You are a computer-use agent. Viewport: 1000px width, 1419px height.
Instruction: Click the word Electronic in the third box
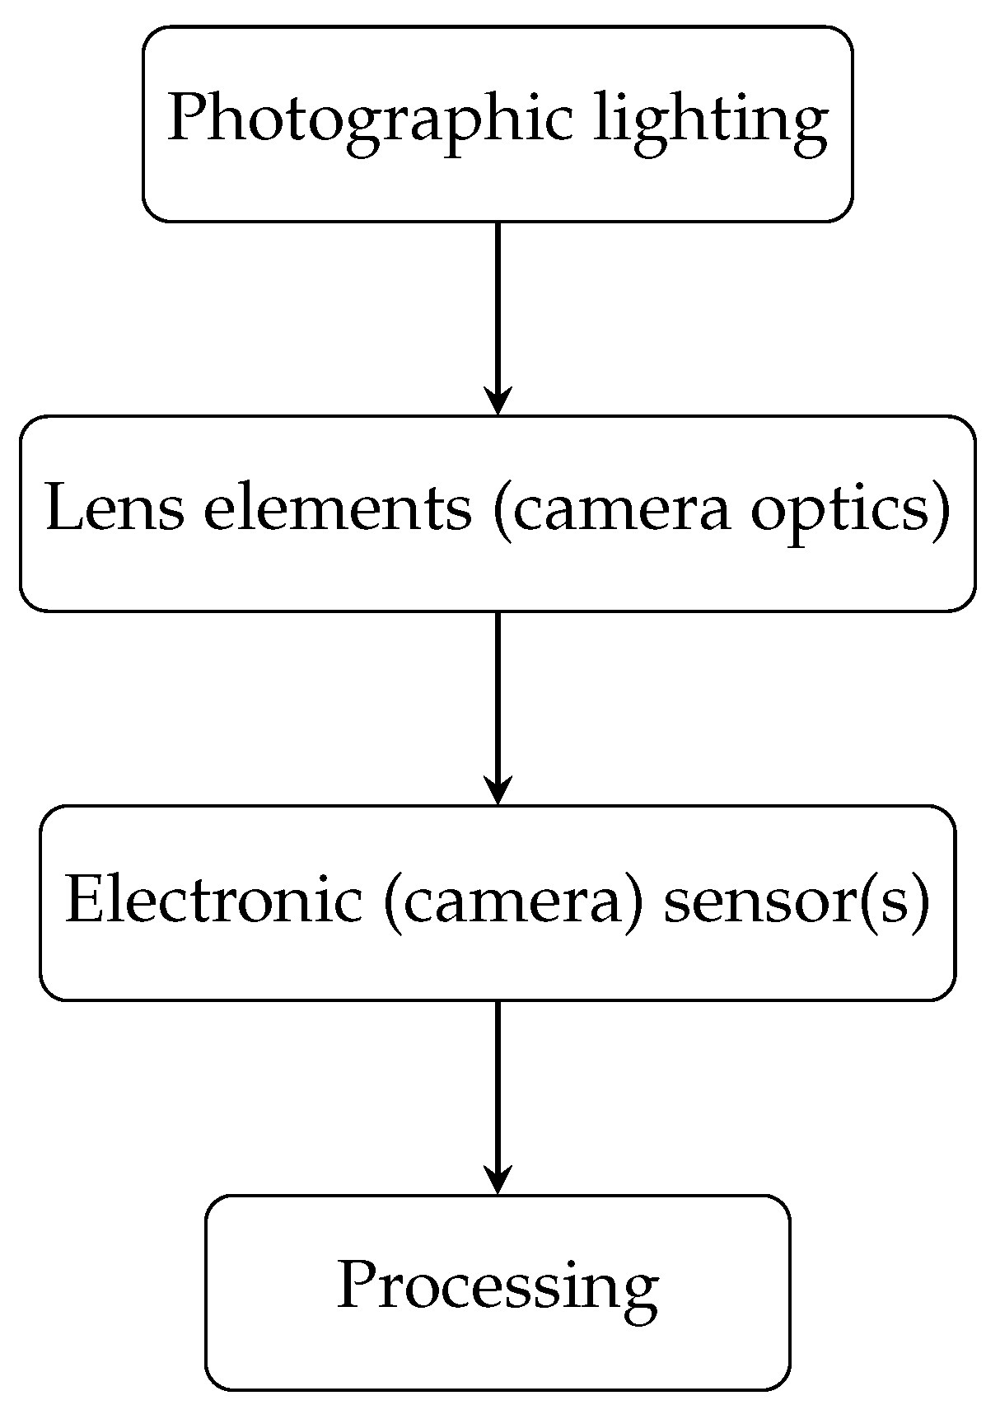point(213,899)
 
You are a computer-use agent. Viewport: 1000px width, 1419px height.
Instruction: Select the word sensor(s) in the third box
point(797,899)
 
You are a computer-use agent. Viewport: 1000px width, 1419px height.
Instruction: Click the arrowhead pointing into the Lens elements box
point(498,401)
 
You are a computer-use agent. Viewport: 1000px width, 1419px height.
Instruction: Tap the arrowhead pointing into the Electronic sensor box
point(498,791)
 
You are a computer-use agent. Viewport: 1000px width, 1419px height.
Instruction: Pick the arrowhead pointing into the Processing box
point(498,1181)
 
